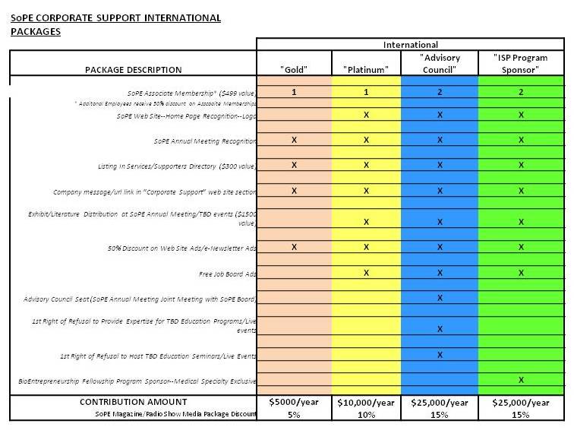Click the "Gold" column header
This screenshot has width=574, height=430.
293,70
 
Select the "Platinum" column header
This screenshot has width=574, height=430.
366,70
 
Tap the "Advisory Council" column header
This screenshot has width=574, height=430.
440,64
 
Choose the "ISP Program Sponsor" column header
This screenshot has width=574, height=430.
520,64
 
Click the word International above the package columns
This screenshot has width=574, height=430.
410,45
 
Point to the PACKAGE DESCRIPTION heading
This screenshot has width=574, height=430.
133,70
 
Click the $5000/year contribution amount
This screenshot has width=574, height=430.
293,402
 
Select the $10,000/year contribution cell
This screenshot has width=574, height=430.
366,402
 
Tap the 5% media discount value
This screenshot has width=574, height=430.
293,414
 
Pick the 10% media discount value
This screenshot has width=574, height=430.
366,414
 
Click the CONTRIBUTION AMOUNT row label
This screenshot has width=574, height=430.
133,402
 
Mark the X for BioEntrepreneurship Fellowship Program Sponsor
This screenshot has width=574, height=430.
520,379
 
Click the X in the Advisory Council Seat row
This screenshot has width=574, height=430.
440,298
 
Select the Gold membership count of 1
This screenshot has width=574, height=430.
293,92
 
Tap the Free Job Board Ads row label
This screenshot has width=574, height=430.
227,273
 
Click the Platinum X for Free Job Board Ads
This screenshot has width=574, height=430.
366,273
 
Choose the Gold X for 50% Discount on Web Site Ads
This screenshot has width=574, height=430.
293,247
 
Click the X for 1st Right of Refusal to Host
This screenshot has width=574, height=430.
440,355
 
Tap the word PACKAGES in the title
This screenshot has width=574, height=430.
35,32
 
